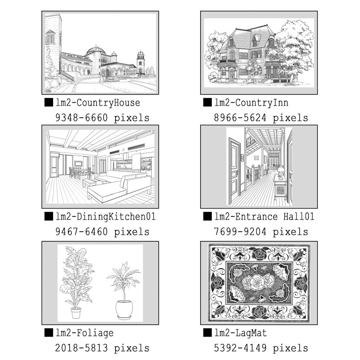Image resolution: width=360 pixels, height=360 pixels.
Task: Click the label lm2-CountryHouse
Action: point(98,103)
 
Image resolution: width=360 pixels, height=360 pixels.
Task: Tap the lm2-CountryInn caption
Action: point(252,103)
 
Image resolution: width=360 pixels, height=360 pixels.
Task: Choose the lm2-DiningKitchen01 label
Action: point(106,217)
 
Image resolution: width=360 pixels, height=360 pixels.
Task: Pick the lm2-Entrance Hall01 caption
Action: point(264,216)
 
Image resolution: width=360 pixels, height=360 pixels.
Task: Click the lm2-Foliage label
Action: point(85,333)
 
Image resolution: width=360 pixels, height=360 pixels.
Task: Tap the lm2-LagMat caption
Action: point(241,333)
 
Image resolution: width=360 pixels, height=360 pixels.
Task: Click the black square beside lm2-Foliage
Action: point(49,333)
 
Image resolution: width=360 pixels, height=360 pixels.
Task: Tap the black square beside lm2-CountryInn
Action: point(207,103)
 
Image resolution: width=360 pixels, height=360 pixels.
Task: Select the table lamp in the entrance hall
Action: point(280,172)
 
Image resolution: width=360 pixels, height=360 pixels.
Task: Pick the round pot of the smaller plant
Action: point(124,309)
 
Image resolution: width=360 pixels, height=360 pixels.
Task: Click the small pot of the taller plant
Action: point(76,313)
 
